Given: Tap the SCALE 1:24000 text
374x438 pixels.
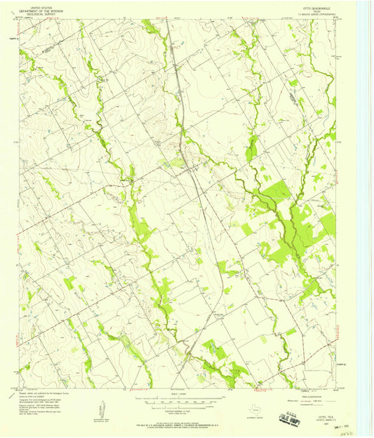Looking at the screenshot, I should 186,399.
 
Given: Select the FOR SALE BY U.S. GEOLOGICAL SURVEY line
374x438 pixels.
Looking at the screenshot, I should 186,423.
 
